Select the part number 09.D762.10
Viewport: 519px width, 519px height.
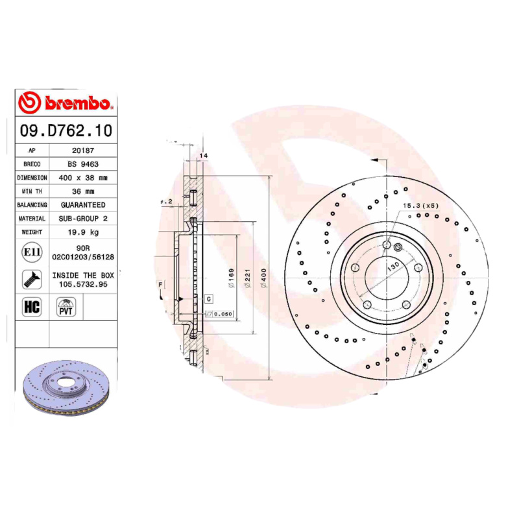pyautogui.click(x=66, y=130)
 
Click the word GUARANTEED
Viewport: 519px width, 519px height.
pyautogui.click(x=83, y=205)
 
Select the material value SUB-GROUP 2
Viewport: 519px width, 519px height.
pyautogui.click(x=83, y=219)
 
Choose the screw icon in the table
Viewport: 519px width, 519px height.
pyautogui.click(x=32, y=279)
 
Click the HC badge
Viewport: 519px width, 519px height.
pyautogui.click(x=32, y=307)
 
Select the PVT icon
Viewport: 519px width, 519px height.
pyautogui.click(x=66, y=307)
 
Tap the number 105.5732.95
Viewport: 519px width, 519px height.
pyautogui.click(x=83, y=284)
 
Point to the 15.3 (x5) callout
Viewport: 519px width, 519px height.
pyautogui.click(x=421, y=206)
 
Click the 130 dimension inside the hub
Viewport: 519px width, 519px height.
pyautogui.click(x=392, y=267)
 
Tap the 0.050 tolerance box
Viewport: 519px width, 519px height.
pyautogui.click(x=223, y=314)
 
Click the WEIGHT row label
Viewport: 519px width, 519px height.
pyautogui.click(x=32, y=232)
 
